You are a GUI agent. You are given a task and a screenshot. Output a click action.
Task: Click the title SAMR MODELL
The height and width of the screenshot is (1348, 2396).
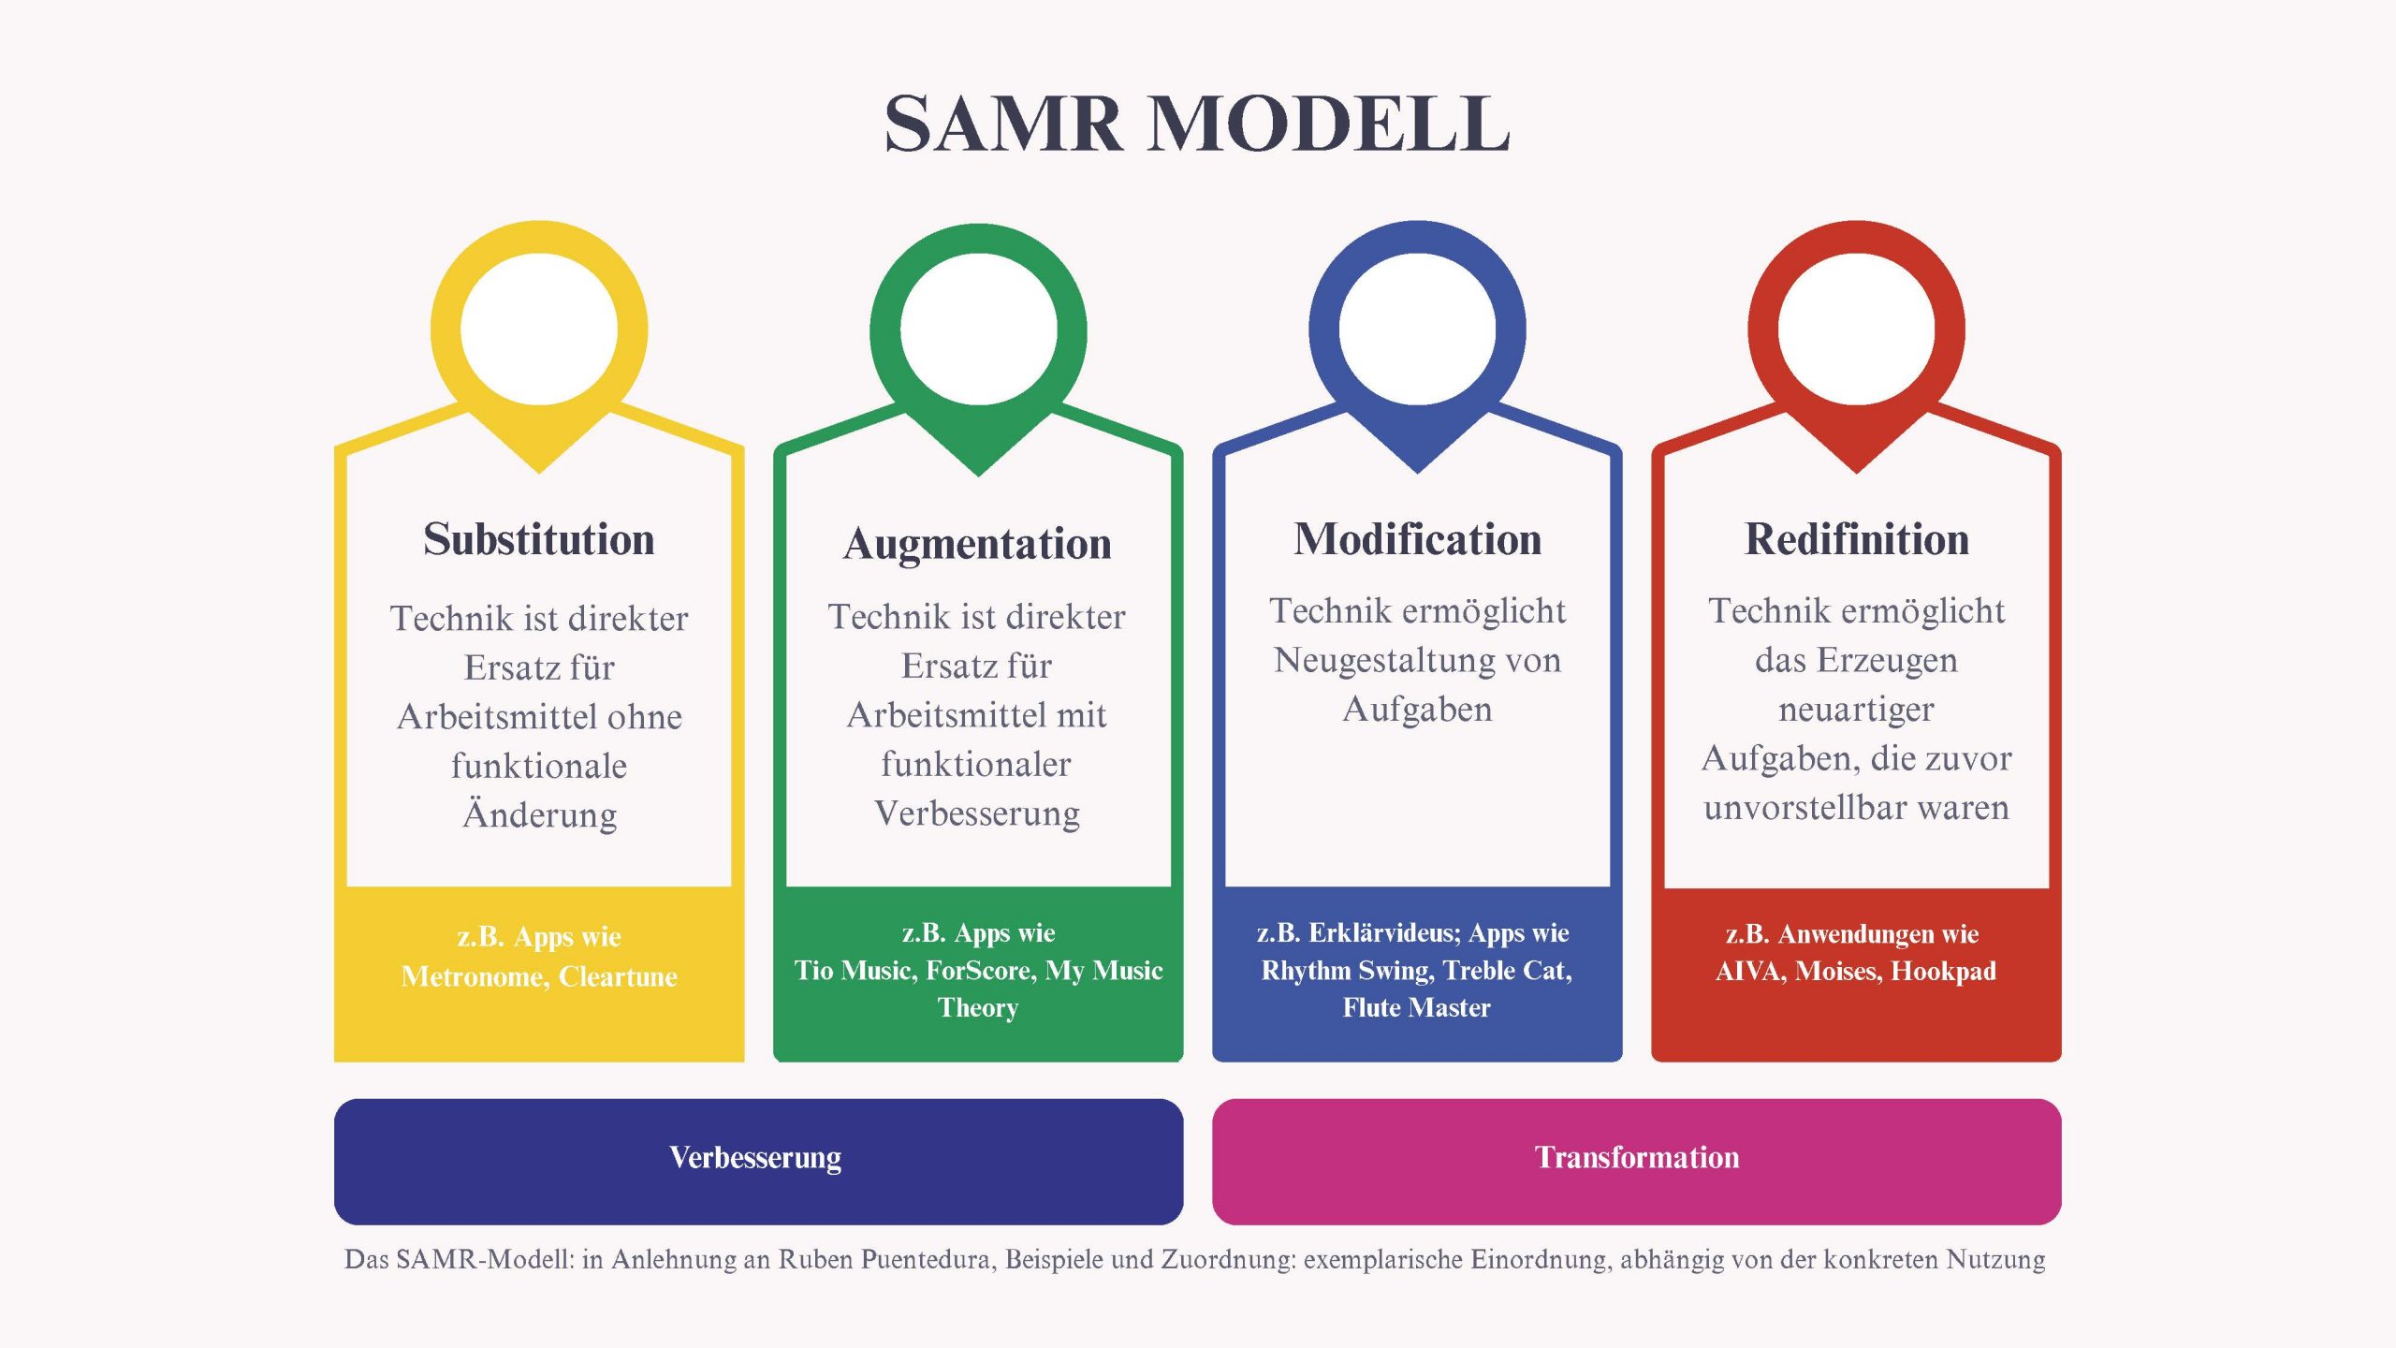(1197, 124)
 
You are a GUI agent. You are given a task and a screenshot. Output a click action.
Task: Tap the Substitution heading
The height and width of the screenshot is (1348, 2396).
(539, 539)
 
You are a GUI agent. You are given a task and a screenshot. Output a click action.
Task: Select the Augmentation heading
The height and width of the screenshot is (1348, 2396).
(977, 544)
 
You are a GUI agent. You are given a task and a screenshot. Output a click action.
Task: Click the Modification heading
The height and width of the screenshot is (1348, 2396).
(1417, 539)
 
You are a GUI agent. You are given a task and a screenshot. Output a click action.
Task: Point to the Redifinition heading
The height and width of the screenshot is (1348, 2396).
(1857, 539)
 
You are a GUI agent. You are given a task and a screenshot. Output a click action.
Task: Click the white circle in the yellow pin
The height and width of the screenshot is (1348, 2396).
(539, 329)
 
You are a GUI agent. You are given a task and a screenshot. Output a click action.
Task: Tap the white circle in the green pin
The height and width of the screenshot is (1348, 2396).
(978, 330)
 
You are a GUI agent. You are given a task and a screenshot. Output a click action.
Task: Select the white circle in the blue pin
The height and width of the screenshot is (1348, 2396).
(1417, 329)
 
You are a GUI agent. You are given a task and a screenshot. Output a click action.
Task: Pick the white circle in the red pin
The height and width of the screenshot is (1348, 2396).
(1856, 329)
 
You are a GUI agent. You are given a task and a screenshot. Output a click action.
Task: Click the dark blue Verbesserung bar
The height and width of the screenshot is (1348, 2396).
(758, 1161)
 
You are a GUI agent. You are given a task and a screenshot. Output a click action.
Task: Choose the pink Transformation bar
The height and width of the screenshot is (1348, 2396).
(1636, 1161)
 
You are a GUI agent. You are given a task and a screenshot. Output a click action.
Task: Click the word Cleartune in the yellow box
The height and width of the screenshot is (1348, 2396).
(618, 976)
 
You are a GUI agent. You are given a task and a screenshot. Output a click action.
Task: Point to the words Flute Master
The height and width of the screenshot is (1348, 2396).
(1416, 1008)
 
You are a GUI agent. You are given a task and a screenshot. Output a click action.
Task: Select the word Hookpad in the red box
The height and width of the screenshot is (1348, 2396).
(1943, 972)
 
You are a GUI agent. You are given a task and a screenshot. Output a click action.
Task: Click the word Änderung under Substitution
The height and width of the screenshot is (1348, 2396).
(540, 814)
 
